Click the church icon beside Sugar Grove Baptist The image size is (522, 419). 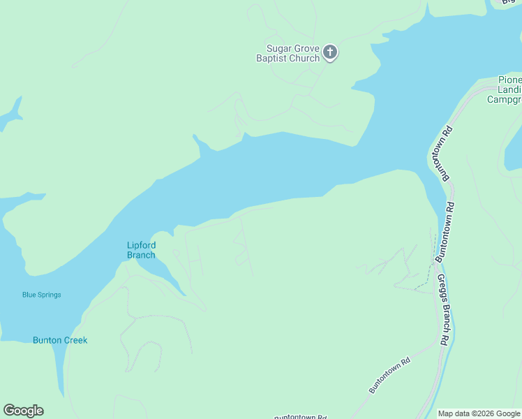(x=330, y=52)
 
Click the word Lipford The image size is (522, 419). (x=141, y=245)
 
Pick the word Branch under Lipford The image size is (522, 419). (x=141, y=255)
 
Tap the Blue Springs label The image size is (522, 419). (x=41, y=295)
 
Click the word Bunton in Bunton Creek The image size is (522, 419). (x=48, y=341)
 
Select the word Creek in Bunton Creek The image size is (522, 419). (x=75, y=341)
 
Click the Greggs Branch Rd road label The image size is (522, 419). (x=443, y=309)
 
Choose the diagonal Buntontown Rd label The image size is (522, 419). (x=389, y=376)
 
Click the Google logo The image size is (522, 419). (x=23, y=411)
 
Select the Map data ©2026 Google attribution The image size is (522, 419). (x=479, y=413)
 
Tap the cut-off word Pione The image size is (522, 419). (x=509, y=80)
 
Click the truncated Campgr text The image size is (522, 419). (x=504, y=100)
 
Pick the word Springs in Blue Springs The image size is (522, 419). (x=50, y=295)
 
